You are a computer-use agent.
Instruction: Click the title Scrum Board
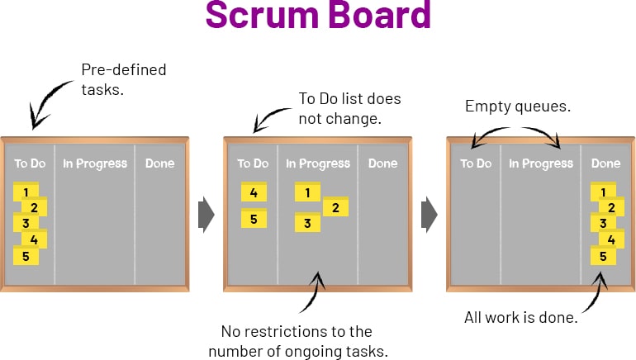(318, 16)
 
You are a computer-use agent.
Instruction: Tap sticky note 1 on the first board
(26, 192)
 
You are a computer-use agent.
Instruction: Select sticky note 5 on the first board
(26, 256)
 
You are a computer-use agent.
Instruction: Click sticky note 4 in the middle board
(254, 192)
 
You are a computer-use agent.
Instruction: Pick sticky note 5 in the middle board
(254, 219)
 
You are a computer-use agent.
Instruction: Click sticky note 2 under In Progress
(335, 207)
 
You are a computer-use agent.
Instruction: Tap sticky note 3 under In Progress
(307, 223)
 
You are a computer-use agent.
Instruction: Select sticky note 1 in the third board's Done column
(603, 192)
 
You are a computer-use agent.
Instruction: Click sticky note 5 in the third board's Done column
(603, 256)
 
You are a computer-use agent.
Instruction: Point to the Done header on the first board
(160, 163)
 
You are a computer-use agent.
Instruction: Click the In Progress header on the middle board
(318, 163)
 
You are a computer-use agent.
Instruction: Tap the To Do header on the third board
(476, 163)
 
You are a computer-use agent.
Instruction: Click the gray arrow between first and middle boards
(206, 215)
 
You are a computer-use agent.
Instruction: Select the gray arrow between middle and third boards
(430, 215)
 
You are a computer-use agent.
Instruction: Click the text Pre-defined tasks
(123, 79)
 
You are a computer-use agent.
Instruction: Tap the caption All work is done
(520, 317)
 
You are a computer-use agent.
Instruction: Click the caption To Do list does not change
(349, 108)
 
